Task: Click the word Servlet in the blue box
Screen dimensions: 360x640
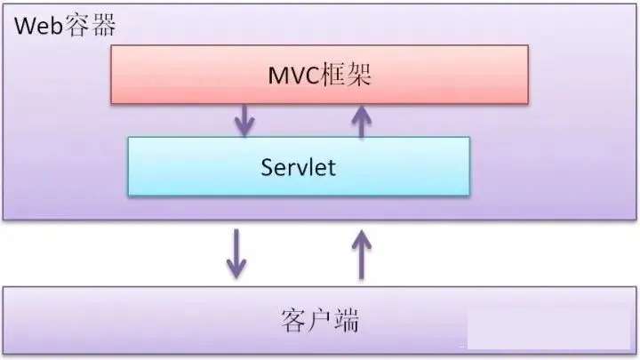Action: click(x=299, y=167)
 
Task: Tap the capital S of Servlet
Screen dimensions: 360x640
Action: click(x=267, y=167)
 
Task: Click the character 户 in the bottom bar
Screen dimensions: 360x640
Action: click(x=319, y=321)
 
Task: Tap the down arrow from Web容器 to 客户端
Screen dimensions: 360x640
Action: click(x=236, y=252)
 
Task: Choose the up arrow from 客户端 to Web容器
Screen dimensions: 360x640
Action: click(x=361, y=252)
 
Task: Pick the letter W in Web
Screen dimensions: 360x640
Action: click(x=24, y=26)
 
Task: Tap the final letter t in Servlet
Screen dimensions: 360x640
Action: click(x=332, y=167)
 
